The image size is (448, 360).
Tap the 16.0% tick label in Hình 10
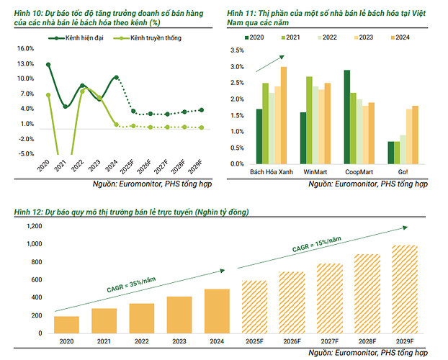click(x=25, y=48)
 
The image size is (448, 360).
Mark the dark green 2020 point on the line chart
click(x=48, y=65)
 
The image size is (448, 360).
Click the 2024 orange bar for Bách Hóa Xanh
click(x=284, y=115)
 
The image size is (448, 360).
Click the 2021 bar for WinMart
click(x=309, y=120)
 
